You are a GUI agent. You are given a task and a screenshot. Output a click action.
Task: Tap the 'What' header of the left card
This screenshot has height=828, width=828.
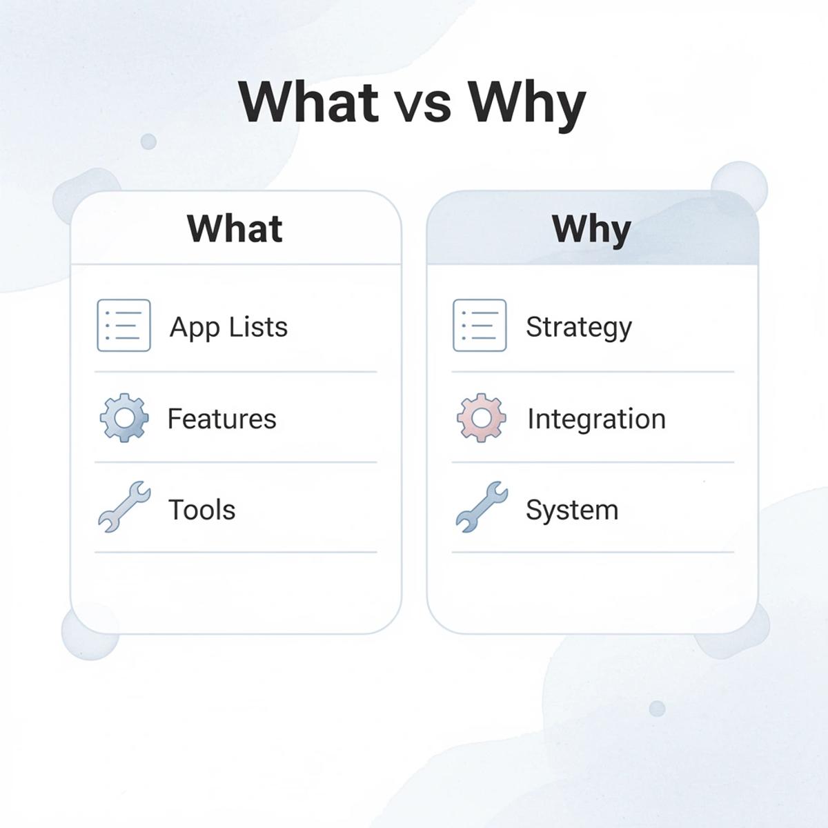pyautogui.click(x=235, y=228)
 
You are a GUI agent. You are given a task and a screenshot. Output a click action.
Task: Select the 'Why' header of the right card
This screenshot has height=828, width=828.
pyautogui.click(x=591, y=228)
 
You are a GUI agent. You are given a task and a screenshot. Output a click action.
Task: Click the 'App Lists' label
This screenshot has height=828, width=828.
pyautogui.click(x=228, y=327)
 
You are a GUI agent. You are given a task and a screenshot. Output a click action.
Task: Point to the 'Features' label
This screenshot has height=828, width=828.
pyautogui.click(x=221, y=419)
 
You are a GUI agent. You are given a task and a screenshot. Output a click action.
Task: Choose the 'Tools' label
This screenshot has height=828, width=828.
pyautogui.click(x=201, y=510)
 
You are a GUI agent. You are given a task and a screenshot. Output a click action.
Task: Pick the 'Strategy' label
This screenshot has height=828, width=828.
pyautogui.click(x=578, y=327)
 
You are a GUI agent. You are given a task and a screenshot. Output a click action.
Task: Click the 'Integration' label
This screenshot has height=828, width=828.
pyautogui.click(x=596, y=419)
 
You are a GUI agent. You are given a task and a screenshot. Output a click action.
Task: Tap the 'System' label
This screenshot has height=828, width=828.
pyautogui.click(x=571, y=511)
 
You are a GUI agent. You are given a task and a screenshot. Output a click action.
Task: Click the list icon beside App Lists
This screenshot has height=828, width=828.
pyautogui.click(x=124, y=325)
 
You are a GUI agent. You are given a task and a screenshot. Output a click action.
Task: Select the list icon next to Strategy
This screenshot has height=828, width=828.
pyautogui.click(x=480, y=325)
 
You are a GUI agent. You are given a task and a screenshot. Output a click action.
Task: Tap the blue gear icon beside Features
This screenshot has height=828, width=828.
pyautogui.click(x=124, y=417)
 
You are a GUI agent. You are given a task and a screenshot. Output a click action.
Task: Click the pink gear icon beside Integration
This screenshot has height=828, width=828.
pyautogui.click(x=481, y=417)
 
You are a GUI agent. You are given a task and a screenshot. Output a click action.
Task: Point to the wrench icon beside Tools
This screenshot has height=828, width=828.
pyautogui.click(x=124, y=507)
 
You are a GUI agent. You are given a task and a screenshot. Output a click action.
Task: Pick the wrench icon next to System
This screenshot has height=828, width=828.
pyautogui.click(x=482, y=507)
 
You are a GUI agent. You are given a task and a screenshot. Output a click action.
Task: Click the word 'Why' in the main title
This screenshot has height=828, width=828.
pyautogui.click(x=526, y=103)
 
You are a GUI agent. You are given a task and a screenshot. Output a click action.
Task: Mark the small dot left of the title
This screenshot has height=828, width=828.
pyautogui.click(x=148, y=141)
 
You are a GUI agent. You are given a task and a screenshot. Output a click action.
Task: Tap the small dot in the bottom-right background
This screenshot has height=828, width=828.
pyautogui.click(x=657, y=708)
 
